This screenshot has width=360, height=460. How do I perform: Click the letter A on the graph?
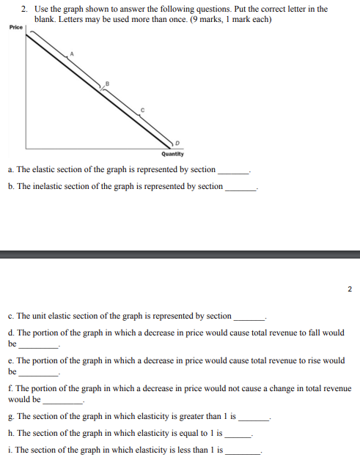72,53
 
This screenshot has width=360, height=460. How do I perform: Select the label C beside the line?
144,109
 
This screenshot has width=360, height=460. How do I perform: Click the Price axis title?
16,27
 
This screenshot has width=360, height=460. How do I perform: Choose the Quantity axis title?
173,154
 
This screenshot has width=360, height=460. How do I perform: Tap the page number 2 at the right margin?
350,289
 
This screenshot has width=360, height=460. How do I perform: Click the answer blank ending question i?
243,453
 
